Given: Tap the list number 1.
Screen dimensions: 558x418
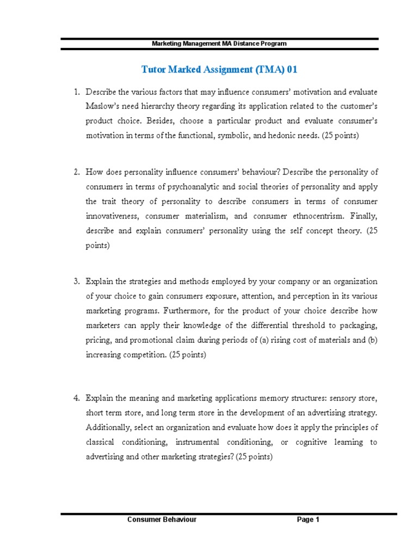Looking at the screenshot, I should (x=77, y=92).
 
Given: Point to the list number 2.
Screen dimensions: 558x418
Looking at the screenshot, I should (x=77, y=172).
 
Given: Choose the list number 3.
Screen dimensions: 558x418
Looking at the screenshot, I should (x=77, y=281).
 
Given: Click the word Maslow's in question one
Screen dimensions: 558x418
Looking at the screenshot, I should (x=103, y=106).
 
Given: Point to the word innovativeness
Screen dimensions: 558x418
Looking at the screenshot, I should (x=112, y=216).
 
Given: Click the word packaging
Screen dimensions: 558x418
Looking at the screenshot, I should (x=356, y=325).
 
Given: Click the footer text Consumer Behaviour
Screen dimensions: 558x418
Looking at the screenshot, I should (x=162, y=520).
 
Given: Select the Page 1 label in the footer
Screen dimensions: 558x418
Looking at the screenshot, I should (x=308, y=520).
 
